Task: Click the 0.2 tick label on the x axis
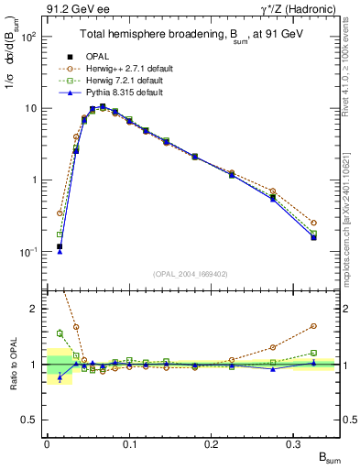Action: tap(213, 444)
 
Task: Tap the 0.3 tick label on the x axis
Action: tap(295, 444)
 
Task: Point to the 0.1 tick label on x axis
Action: tap(129, 444)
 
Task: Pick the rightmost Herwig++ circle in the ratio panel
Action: tap(313, 325)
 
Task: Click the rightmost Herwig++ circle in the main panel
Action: tap(313, 223)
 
